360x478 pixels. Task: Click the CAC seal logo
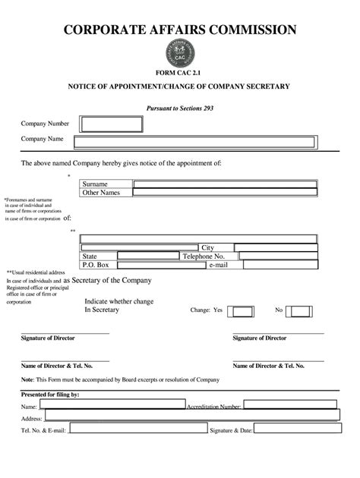180,52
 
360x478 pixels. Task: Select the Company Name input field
194,141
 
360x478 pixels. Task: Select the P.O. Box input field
157,265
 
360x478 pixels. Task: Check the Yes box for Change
241,311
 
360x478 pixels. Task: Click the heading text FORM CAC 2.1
180,72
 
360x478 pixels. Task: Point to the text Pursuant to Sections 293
180,108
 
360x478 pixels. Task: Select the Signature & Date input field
297,429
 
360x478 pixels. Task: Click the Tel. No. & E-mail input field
137,429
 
